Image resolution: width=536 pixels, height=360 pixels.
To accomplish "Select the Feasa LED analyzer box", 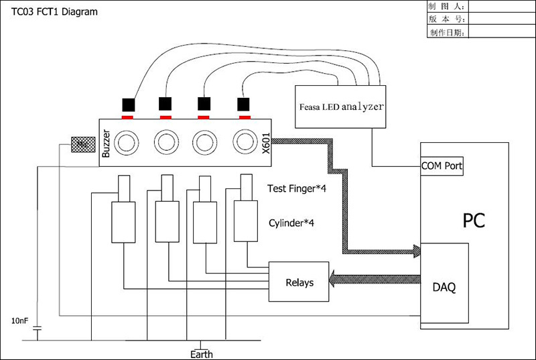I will pyautogui.click(x=340, y=106).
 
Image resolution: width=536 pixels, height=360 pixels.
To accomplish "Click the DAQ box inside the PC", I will pyautogui.click(x=444, y=286).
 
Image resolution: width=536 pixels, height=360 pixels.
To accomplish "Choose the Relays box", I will pyautogui.click(x=299, y=282).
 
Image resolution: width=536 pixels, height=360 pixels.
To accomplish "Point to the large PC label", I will pyautogui.click(x=474, y=220).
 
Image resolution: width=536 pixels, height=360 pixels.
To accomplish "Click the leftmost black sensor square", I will pyautogui.click(x=128, y=105).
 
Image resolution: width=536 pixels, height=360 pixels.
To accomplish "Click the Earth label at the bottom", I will pyautogui.click(x=202, y=353).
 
